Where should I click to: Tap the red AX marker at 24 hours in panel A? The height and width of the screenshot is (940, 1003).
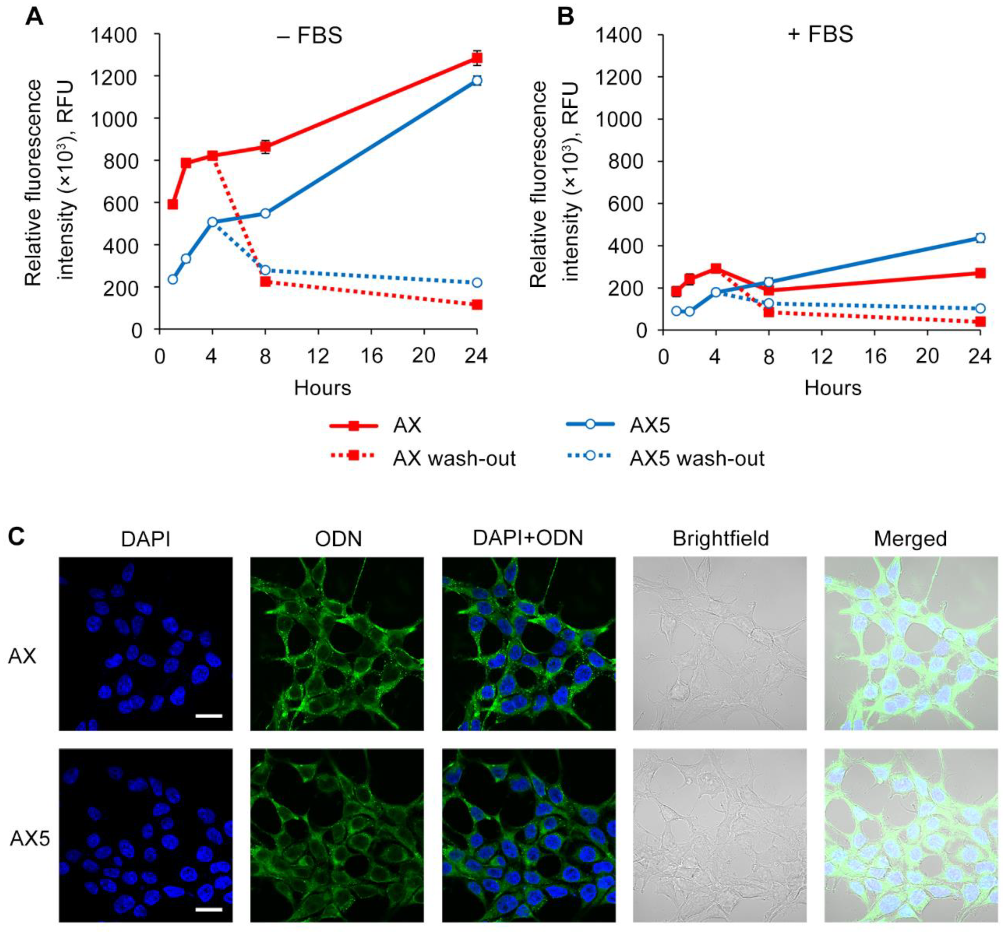pos(477,58)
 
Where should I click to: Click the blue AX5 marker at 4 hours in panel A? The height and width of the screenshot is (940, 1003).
pos(212,222)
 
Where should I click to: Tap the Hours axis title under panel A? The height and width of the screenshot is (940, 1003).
pos(322,388)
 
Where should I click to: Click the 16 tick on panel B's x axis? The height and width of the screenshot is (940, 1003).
pos(875,357)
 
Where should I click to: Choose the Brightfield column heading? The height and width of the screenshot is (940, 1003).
pos(721,539)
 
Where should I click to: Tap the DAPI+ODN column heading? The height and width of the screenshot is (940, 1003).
pos(528,538)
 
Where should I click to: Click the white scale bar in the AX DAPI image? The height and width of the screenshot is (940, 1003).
pos(208,716)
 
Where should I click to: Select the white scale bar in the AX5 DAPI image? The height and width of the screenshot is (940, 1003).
pos(208,910)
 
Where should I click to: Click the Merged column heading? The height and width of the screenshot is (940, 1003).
pos(910,539)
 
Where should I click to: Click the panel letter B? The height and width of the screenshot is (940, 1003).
pos(565,17)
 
